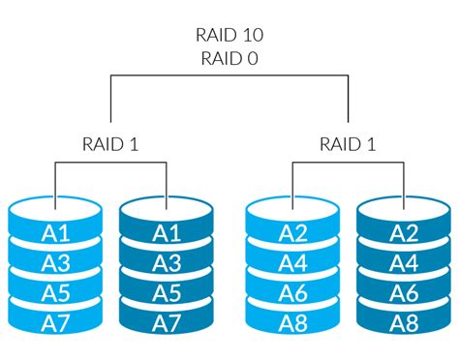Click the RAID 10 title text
coord(229,35)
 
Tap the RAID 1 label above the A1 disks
coord(111,144)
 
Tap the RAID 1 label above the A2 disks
coord(349,144)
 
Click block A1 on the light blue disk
coord(55,233)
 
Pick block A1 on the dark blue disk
coord(167,233)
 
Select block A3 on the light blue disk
coord(55,262)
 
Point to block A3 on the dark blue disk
coord(167,262)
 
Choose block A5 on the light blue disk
coord(55,291)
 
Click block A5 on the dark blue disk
coord(167,291)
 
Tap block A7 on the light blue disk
coord(55,320)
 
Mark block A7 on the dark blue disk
coord(167,320)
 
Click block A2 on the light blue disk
coord(293,233)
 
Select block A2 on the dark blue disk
coord(405,233)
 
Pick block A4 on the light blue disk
coord(293,262)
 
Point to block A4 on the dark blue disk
coord(405,262)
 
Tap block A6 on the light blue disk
coord(293,291)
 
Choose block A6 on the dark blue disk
coord(405,291)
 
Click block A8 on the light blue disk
coord(293,320)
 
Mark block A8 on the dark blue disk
coord(405,320)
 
